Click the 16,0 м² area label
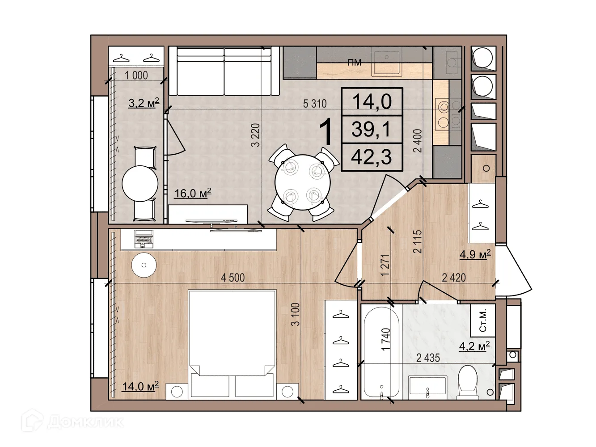pos(193,194)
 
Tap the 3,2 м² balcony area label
pos(144,103)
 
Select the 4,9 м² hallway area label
pos(475,255)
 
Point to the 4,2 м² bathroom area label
pos(474,346)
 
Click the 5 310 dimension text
pos(315,103)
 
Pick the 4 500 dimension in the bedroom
pos(232,278)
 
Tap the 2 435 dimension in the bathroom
pos(428,358)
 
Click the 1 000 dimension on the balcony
pos(136,76)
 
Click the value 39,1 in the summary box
pos(372,129)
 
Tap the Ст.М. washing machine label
pos(483,320)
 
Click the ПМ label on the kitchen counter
pos(355,63)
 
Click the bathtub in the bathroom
pos(381,354)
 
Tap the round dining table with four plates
pos(303,182)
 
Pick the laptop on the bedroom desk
pos(144,239)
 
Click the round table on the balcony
pos(140,183)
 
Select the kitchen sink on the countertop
pos(387,63)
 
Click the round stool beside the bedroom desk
pos(144,265)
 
